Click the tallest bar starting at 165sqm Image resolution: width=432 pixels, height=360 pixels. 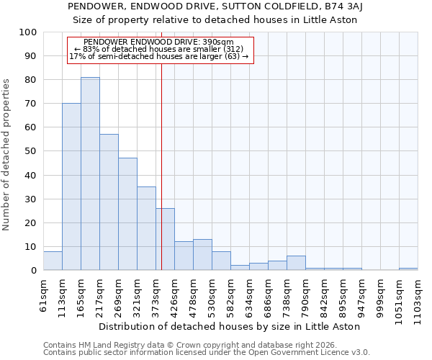click(90, 174)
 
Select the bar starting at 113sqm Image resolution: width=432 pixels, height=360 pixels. click(71, 186)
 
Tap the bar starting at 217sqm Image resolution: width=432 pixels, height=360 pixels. click(109, 202)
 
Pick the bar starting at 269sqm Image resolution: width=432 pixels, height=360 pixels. click(127, 214)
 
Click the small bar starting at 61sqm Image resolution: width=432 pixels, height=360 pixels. click(53, 261)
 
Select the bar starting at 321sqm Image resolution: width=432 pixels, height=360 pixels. click(146, 228)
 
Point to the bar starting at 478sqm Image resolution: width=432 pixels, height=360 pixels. click(202, 255)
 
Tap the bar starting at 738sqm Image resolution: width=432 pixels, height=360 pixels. click(296, 263)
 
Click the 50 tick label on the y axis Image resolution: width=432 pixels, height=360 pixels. click(31, 151)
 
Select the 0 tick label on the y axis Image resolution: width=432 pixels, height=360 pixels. click(34, 270)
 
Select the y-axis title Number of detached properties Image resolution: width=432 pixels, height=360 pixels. click(7, 155)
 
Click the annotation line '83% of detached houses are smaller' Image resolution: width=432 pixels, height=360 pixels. click(160, 49)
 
